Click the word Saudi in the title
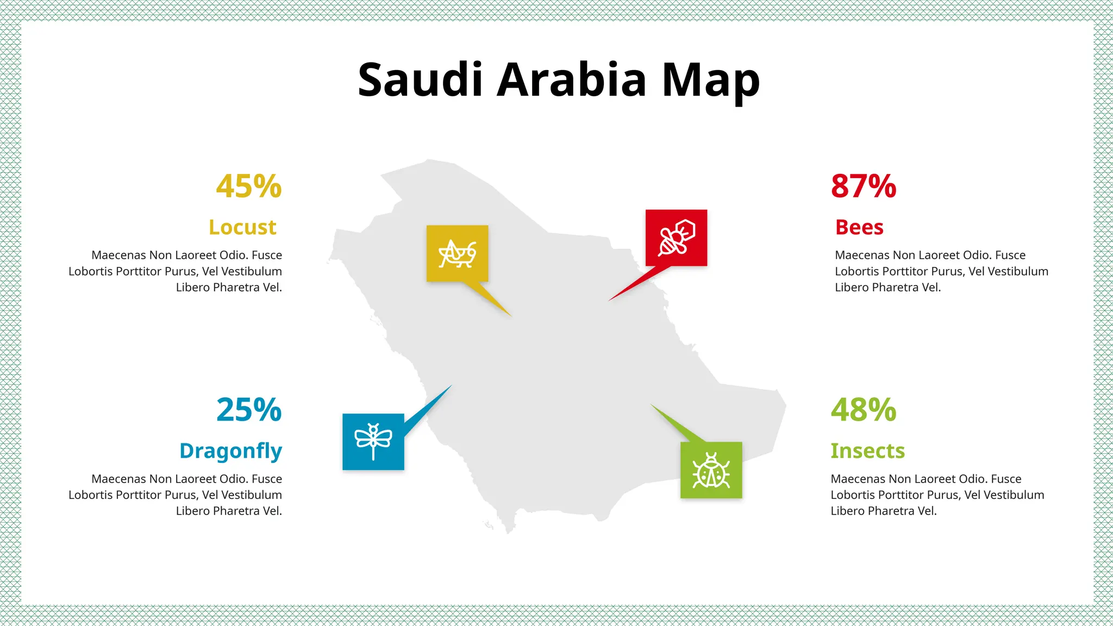pyautogui.click(x=420, y=80)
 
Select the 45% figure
pyautogui.click(x=249, y=186)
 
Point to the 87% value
pyautogui.click(x=863, y=186)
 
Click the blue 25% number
pyautogui.click(x=249, y=410)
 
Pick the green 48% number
pyautogui.click(x=863, y=410)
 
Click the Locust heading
pyautogui.click(x=242, y=227)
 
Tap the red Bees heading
pyautogui.click(x=859, y=227)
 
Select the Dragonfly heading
pyautogui.click(x=230, y=451)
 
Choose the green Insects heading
pyautogui.click(x=867, y=451)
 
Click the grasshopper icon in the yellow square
pyautogui.click(x=457, y=253)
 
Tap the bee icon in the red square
pyautogui.click(x=676, y=237)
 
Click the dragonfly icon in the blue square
pyautogui.click(x=373, y=441)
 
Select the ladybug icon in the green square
pyautogui.click(x=711, y=470)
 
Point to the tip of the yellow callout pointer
pyautogui.click(x=511, y=316)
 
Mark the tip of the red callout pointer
pyautogui.click(x=609, y=301)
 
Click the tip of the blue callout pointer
pyautogui.click(x=452, y=385)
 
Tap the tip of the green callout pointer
pyautogui.click(x=651, y=404)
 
